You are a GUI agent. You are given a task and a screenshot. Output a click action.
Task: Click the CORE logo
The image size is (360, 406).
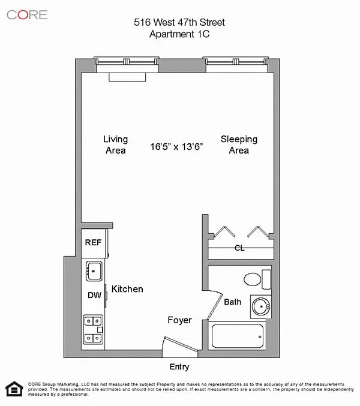[27, 15]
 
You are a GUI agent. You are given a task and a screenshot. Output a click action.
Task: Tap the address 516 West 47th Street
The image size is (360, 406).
[179, 22]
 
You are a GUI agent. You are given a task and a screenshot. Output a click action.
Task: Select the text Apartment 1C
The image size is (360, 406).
[179, 34]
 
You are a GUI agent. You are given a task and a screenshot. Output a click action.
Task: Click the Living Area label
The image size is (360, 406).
[116, 145]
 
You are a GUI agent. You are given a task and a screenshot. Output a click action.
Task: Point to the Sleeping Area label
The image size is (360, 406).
[239, 145]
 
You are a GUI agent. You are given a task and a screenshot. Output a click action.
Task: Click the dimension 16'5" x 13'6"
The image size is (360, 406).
[176, 147]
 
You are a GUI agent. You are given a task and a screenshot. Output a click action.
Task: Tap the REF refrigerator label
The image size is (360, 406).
[93, 243]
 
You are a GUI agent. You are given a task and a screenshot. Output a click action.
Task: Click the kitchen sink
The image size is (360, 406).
[94, 271]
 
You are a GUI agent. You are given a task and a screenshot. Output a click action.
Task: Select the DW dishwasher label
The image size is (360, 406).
[94, 295]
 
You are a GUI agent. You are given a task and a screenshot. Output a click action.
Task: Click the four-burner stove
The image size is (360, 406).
[93, 330]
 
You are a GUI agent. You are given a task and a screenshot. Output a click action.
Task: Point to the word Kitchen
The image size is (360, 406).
[127, 289]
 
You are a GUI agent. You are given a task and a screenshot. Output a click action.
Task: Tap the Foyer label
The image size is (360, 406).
[179, 320]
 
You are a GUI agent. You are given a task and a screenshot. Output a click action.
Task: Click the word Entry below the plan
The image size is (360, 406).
[179, 366]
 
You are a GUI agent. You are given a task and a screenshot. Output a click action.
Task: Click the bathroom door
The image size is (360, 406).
[215, 305]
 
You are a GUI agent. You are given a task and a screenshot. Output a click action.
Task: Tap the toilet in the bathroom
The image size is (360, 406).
[257, 279]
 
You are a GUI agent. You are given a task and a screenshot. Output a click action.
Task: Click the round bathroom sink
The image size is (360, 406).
[261, 306]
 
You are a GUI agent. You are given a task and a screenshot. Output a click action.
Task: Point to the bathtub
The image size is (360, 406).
[238, 336]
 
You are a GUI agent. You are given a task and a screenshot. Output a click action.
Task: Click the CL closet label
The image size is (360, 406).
[239, 248]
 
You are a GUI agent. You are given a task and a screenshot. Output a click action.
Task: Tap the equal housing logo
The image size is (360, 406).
[14, 389]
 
